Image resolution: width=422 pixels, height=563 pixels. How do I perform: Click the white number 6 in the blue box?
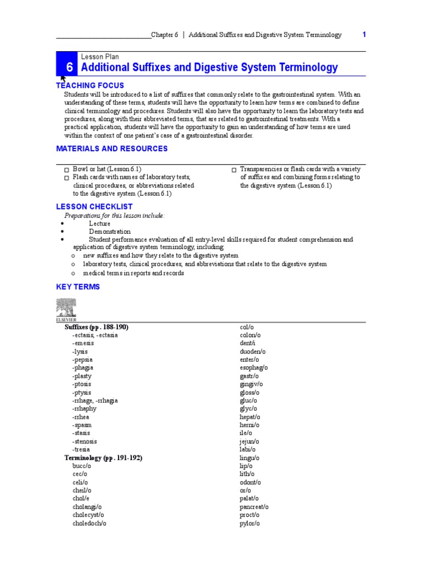[69, 68]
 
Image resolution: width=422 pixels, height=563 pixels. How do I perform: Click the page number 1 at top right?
[364, 35]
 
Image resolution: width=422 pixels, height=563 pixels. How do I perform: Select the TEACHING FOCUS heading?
[90, 85]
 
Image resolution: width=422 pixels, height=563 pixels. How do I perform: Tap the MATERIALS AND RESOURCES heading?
[112, 148]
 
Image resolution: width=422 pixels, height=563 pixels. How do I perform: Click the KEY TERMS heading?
[78, 286]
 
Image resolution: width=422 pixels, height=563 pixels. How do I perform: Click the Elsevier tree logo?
[66, 309]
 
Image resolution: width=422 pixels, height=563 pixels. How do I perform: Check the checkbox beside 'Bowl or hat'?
[66, 170]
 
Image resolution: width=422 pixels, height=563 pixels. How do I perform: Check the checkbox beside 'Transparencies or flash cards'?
[234, 170]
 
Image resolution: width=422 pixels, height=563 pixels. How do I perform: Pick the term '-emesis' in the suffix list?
[83, 343]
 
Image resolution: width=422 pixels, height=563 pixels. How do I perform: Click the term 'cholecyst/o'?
[88, 515]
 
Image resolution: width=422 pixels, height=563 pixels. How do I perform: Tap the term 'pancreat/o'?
[254, 507]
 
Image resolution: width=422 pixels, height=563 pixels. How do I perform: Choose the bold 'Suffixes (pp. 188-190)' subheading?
[97, 327]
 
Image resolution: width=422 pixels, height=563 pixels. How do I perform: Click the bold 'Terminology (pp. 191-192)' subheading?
[103, 457]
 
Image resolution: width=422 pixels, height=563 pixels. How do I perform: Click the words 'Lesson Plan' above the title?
[100, 57]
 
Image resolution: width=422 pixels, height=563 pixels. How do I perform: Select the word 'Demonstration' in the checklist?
[110, 231]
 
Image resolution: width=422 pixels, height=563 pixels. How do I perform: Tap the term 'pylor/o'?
[249, 523]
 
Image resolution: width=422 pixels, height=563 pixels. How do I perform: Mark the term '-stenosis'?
[85, 441]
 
